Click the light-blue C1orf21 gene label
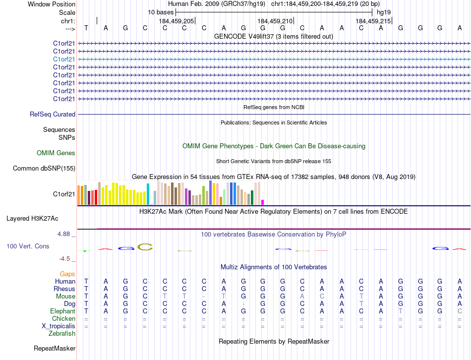(x=64, y=59)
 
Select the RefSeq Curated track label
(x=53, y=114)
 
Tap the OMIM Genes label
(x=56, y=153)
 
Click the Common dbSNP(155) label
(x=44, y=168)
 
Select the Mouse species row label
(x=65, y=296)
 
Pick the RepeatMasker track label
(x=55, y=349)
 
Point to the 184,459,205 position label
(x=177, y=21)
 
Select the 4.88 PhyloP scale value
(x=66, y=234)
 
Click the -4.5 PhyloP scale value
(x=66, y=258)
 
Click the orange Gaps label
(x=67, y=274)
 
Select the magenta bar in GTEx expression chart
(x=262, y=202)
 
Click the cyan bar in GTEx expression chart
(x=148, y=194)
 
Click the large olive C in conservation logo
(x=145, y=246)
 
